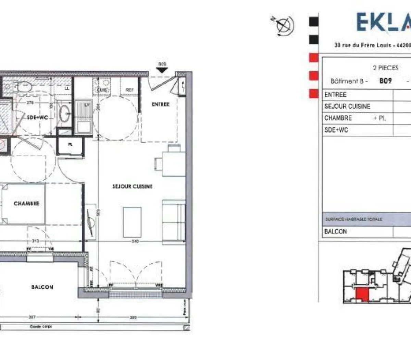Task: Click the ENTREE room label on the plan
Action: [160, 104]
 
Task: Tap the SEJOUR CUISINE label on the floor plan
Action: [132, 186]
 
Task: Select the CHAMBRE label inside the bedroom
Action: [26, 203]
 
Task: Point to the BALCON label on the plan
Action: [42, 287]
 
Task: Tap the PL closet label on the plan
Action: [70, 144]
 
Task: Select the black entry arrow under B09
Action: [162, 70]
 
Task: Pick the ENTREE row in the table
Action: [335, 95]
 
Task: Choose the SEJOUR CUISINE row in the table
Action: [347, 106]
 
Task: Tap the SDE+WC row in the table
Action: [336, 130]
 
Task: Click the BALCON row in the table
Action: [335, 231]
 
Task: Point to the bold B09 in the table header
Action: [385, 81]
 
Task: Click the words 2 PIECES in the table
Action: [386, 68]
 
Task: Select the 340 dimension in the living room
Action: [135, 241]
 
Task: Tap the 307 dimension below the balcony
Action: [32, 317]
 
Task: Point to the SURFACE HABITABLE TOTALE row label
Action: [353, 219]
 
